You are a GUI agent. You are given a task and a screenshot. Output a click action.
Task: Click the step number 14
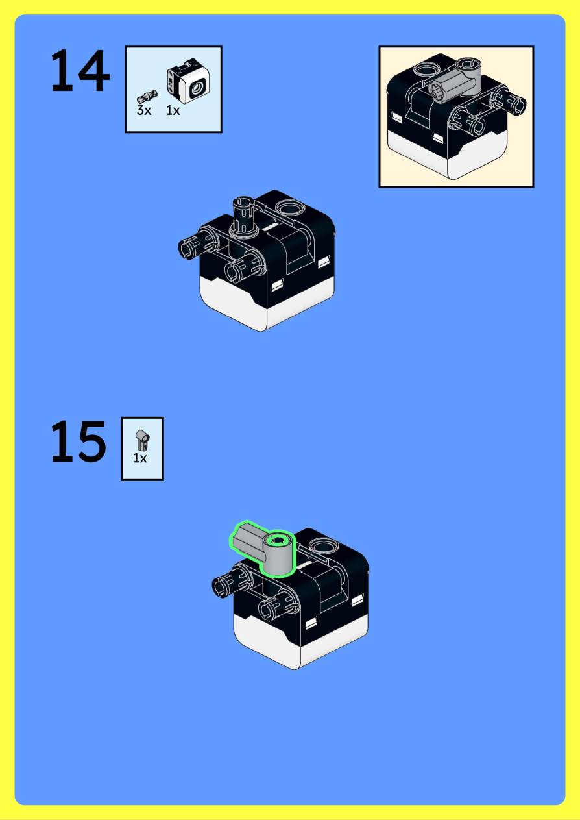pyautogui.click(x=80, y=70)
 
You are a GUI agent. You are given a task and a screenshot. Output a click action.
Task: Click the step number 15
pyautogui.click(x=79, y=441)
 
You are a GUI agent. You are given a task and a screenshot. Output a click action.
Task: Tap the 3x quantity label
pyautogui.click(x=144, y=110)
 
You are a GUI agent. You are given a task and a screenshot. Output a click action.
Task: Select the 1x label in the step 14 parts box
pyautogui.click(x=173, y=110)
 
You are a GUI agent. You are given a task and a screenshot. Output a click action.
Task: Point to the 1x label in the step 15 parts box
pyautogui.click(x=139, y=458)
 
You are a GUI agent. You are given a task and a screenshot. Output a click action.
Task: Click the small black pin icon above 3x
pyautogui.click(x=147, y=97)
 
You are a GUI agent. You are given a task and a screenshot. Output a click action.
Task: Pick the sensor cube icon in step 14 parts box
pyautogui.click(x=189, y=81)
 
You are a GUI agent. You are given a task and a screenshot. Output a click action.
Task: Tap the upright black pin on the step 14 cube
pyautogui.click(x=243, y=216)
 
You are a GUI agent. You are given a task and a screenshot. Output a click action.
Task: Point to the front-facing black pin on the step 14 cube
pyautogui.click(x=245, y=267)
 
